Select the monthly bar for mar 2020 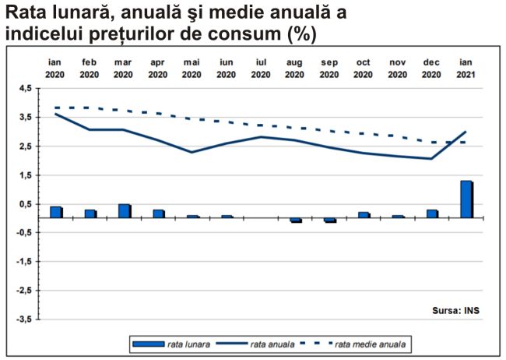[124, 211]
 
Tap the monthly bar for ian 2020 [55, 212]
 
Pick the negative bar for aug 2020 [295, 221]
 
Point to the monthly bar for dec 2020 [432, 214]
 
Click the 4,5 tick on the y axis [25, 89]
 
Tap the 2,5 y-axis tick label [25, 146]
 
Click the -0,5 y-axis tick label [23, 233]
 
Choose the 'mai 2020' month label [192, 68]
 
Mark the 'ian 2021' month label [466, 68]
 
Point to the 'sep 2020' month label [329, 68]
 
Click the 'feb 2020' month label [89, 68]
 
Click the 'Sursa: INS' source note [455, 310]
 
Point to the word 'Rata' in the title [26, 13]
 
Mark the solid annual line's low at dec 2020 [431, 159]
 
